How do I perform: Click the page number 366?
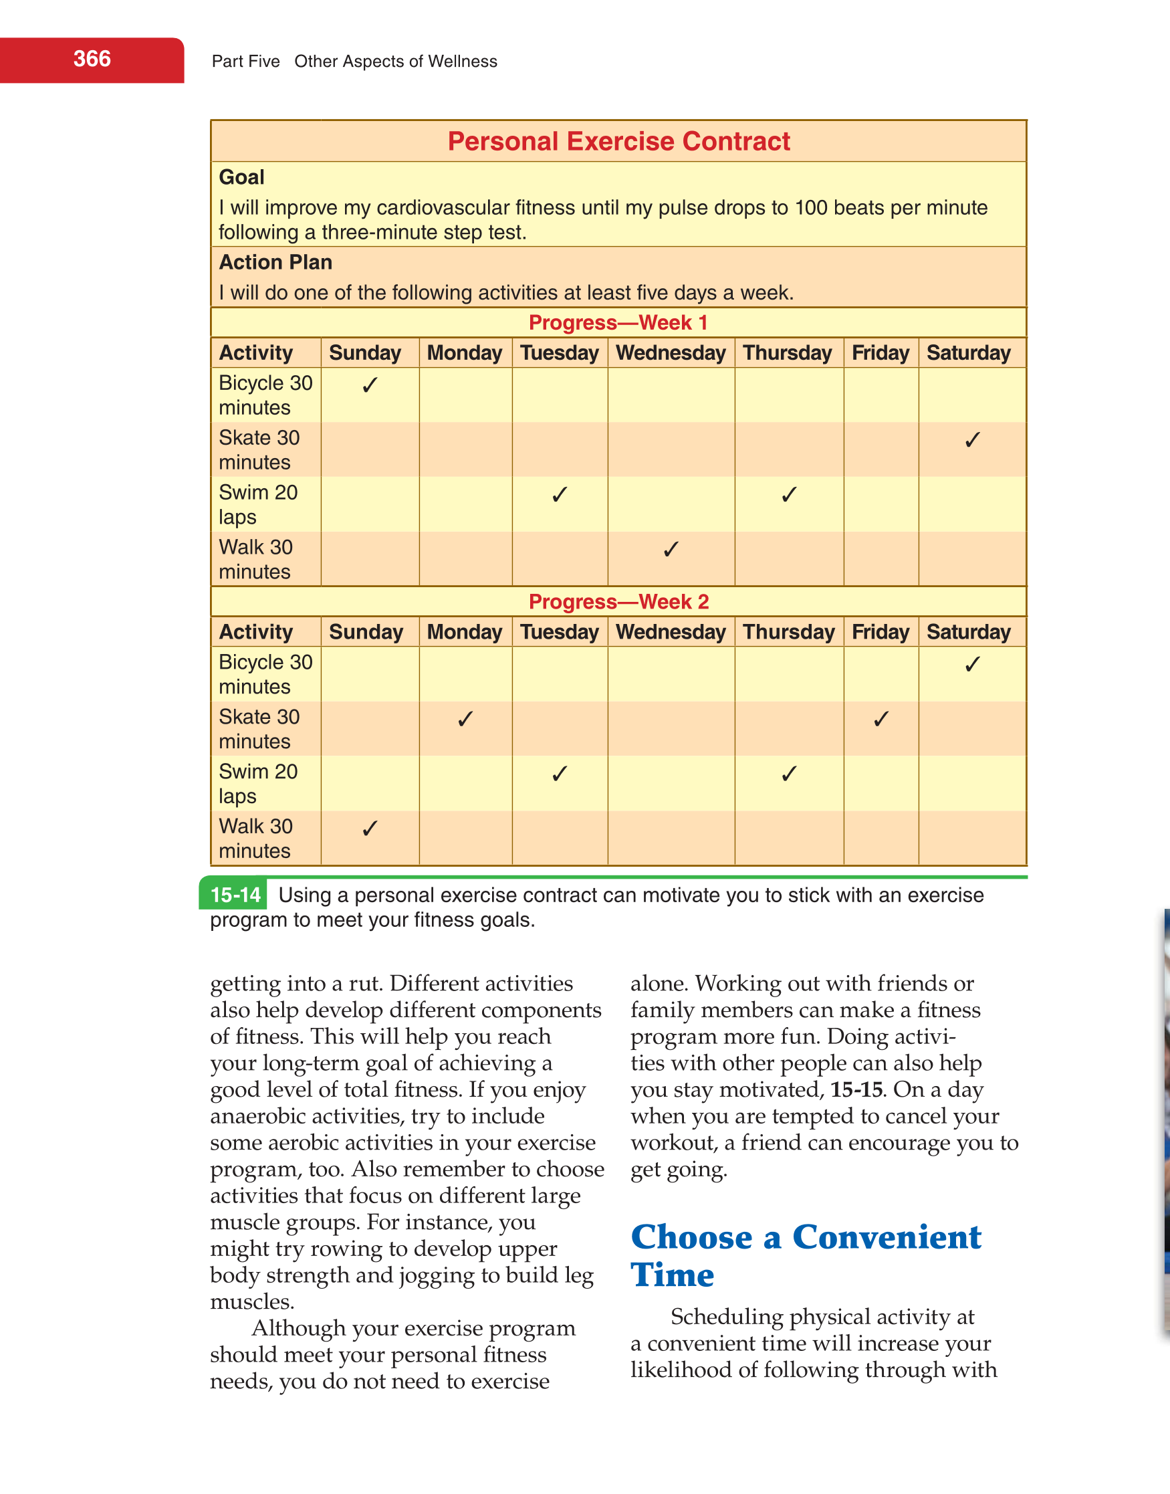tap(92, 60)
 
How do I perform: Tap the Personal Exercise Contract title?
tap(618, 141)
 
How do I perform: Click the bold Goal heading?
tap(241, 177)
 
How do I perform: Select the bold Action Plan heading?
tap(275, 262)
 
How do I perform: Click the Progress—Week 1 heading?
tap(618, 322)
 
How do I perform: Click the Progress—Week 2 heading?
tap(618, 601)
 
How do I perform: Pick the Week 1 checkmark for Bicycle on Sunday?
tap(370, 385)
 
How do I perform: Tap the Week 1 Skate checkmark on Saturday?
tap(972, 440)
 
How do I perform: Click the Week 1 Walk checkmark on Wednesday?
tap(671, 549)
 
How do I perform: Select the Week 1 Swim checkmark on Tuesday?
tap(559, 495)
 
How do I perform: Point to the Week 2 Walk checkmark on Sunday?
tap(370, 829)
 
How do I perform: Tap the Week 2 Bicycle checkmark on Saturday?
tap(972, 665)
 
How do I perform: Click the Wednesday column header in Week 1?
tap(671, 353)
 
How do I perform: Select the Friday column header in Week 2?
tap(881, 631)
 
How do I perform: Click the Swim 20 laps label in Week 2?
tap(257, 784)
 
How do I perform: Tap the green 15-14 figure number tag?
tap(235, 895)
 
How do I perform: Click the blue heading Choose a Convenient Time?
tap(805, 1256)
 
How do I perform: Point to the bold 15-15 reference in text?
tap(856, 1089)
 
